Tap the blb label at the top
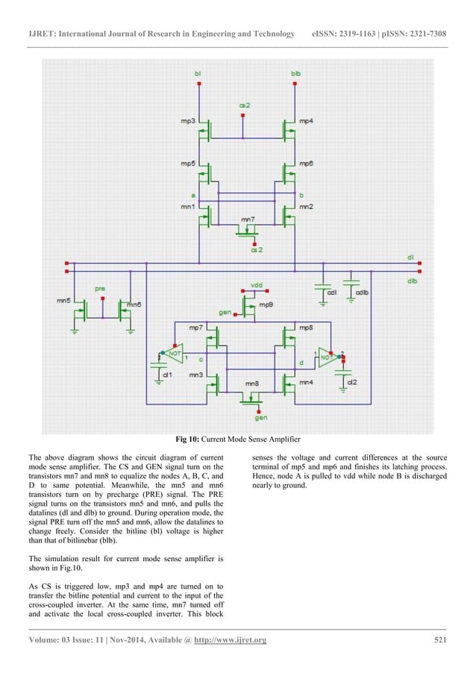pyautogui.click(x=295, y=74)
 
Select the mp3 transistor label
pyautogui.click(x=188, y=120)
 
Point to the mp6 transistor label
pyautogui.click(x=306, y=163)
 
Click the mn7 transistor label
pyautogui.click(x=247, y=221)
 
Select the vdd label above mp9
pyautogui.click(x=257, y=285)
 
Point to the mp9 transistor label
pyautogui.click(x=266, y=304)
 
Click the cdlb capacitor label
pyautogui.click(x=362, y=292)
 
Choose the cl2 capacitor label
pyautogui.click(x=352, y=381)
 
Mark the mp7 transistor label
pyautogui.click(x=195, y=328)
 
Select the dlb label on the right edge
pyautogui.click(x=412, y=281)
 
